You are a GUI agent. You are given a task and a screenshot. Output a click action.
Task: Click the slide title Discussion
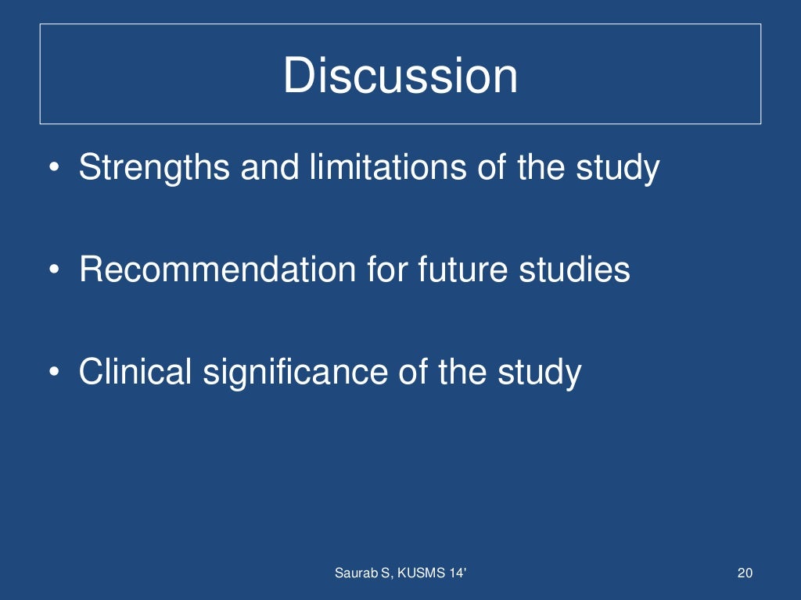(400, 77)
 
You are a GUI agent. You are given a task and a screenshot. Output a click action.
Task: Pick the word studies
(574, 270)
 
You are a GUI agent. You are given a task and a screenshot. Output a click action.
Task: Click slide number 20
(745, 574)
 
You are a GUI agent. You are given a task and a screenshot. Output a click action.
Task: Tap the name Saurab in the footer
(354, 574)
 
